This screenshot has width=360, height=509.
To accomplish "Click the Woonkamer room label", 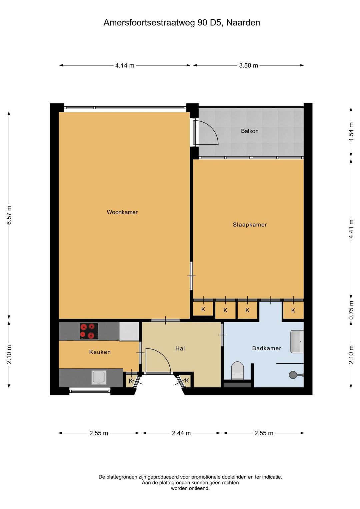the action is pos(122,212).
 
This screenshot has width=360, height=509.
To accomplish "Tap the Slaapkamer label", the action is pos(250,225).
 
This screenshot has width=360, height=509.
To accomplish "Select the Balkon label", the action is pos(250,131).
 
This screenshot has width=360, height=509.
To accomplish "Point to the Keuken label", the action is pos(100,352).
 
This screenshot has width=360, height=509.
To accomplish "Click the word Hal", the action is pos(180,348).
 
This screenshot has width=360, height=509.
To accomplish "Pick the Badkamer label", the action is pos(267,348).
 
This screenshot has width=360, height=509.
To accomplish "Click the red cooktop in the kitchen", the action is pos(89,331).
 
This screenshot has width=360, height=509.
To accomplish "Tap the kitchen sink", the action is pos(99,377).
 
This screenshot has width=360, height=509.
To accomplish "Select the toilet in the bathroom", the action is pos(237,371).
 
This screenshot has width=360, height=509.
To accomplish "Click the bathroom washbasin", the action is pos(297,341).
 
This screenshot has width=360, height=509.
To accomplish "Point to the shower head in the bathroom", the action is pos(293,375).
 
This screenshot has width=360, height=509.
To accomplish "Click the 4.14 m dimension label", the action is pos(125,66).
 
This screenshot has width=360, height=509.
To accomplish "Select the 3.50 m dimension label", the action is pos(248,66).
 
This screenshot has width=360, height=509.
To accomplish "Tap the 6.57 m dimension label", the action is pos(9,215).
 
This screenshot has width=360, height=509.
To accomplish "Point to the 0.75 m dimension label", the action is pos(351,310).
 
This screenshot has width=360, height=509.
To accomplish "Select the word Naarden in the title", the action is pos(243,23).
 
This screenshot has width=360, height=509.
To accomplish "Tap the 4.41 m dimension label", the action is pos(351,229).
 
